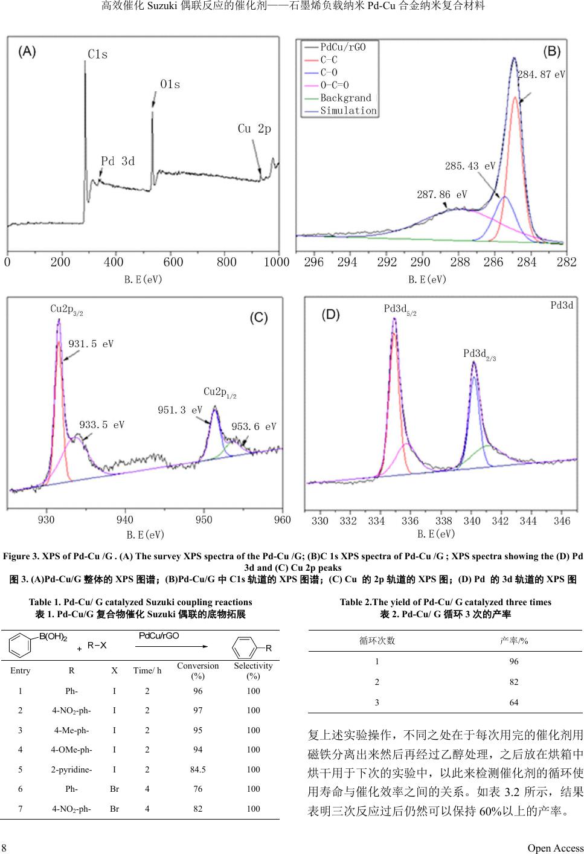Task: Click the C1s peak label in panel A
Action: coord(98,54)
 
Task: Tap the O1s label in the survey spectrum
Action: coord(170,85)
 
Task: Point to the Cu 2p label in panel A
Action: coord(254,129)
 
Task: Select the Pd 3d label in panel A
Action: coord(118,161)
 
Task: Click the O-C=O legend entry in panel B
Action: coord(334,85)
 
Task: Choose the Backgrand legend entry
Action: coord(345,98)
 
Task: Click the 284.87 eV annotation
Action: coord(541,75)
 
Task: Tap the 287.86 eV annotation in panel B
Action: coord(441,194)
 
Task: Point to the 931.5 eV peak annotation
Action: coord(91,344)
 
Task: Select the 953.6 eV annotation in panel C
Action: coord(254,426)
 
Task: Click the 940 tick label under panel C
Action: coord(124,520)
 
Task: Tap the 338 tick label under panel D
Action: coord(443,521)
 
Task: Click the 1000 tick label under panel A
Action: coord(277,262)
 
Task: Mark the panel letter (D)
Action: coord(331,315)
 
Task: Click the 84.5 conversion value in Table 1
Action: coord(197,769)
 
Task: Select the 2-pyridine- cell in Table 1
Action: coord(71,769)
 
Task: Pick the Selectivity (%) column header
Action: coord(253,670)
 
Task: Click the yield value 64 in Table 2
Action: coord(513,702)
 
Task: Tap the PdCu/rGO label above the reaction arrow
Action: coord(159,636)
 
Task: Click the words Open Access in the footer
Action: coord(555,848)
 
